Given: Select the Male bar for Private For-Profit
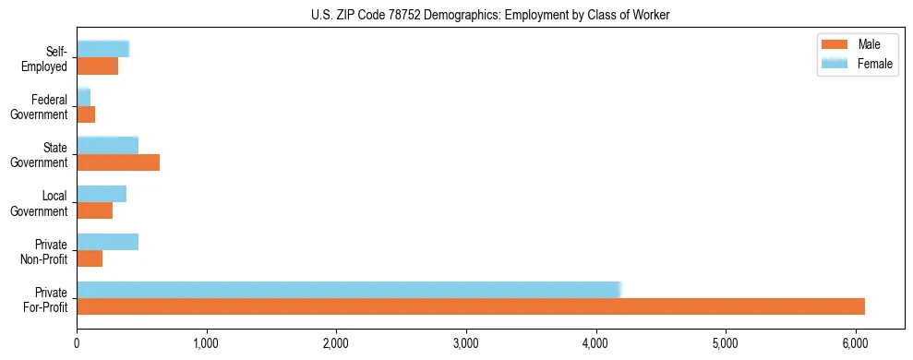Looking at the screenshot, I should tap(471, 306).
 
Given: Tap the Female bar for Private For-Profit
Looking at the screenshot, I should tap(349, 290).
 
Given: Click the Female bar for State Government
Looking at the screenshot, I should tap(107, 146).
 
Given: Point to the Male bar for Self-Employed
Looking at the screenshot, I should tap(97, 66).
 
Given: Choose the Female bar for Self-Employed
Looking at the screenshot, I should tap(102, 49).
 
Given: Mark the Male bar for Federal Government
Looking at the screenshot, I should tap(86, 114).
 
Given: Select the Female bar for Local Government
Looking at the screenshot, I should tap(102, 194).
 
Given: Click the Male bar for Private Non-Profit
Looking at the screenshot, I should tap(90, 258).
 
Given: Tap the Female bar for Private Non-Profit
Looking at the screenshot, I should tap(107, 242).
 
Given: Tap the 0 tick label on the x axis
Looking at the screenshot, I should tap(78, 344).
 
